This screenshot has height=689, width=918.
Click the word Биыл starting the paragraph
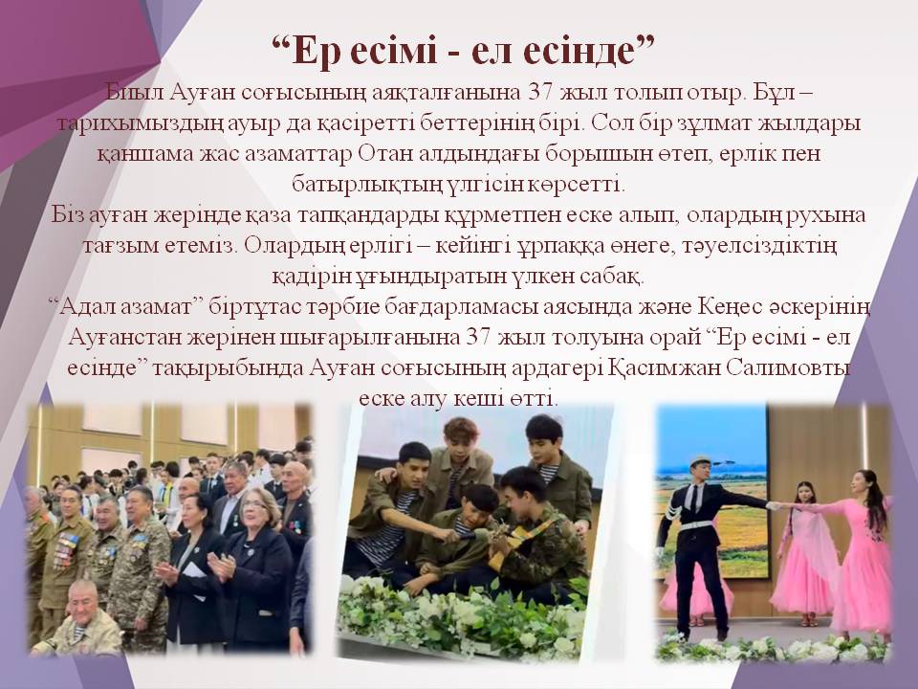coord(133,94)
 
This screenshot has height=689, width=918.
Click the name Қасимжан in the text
coord(689,367)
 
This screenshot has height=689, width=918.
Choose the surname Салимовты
coord(799,367)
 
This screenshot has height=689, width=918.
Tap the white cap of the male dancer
coord(701,460)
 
